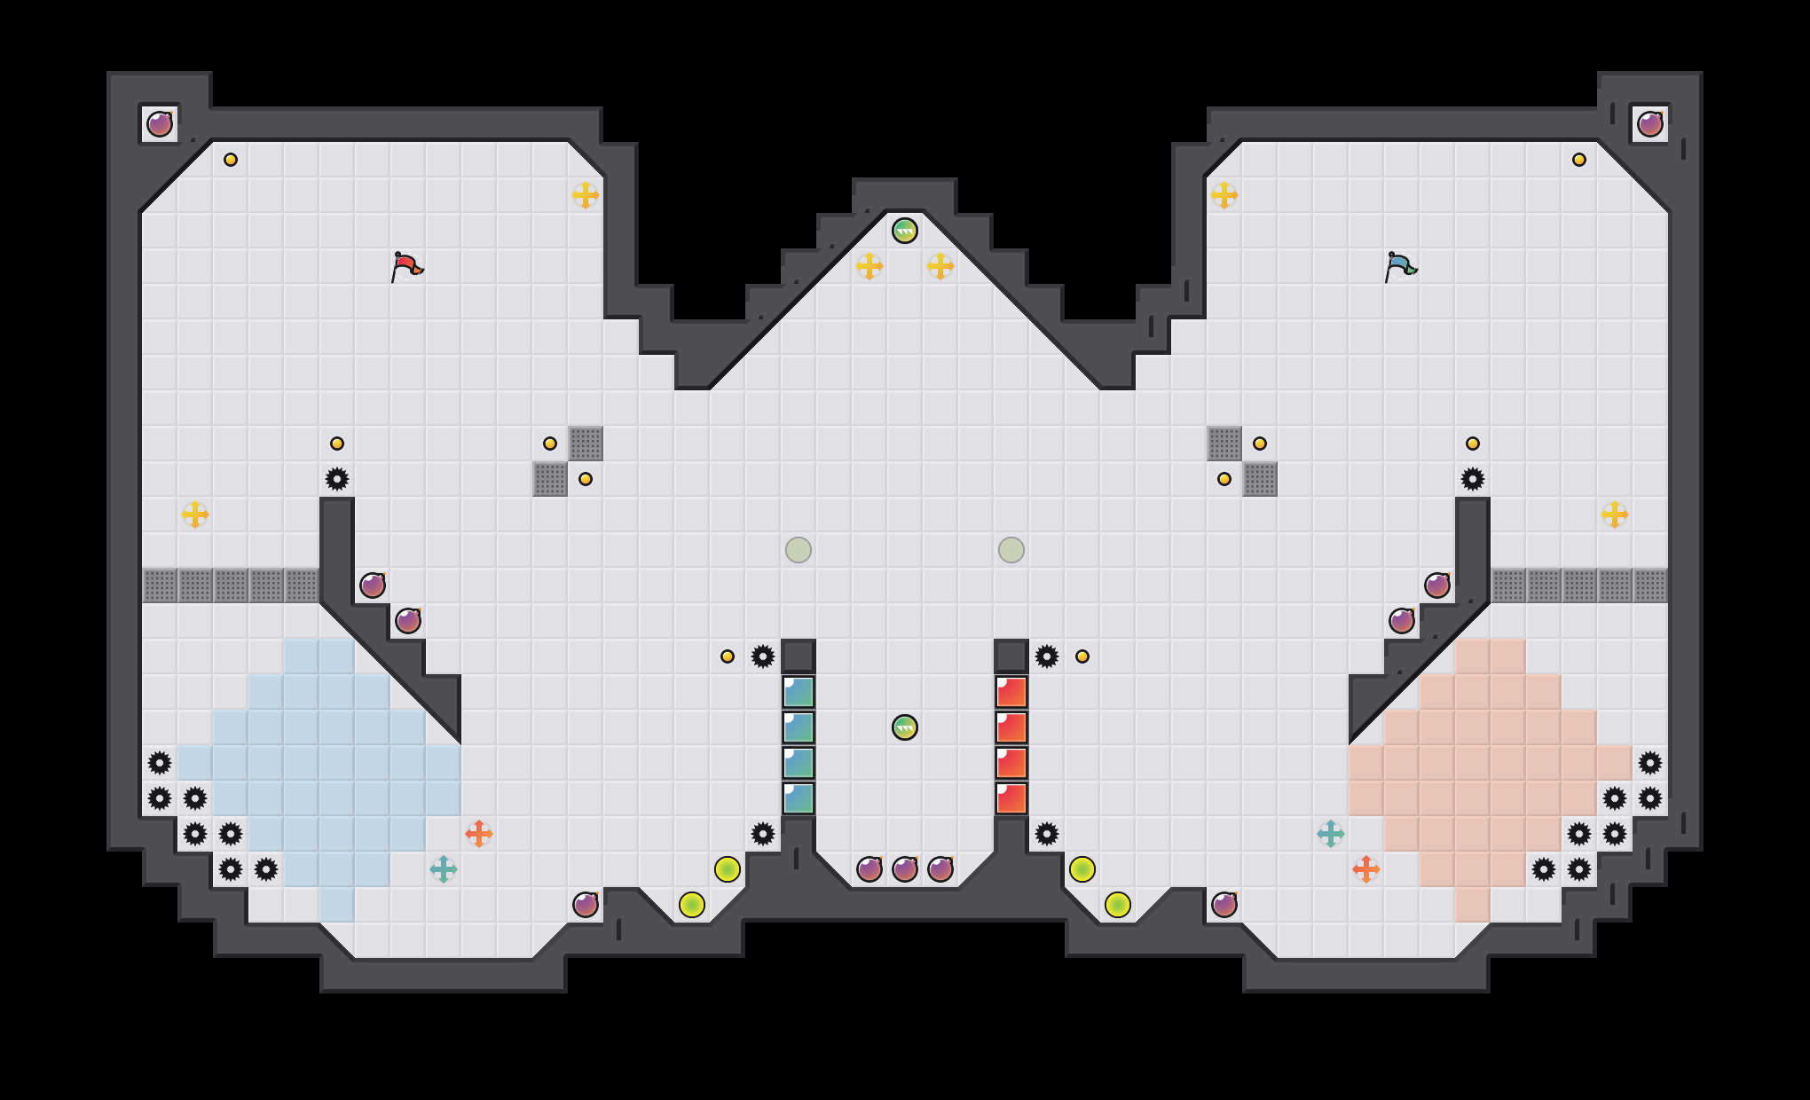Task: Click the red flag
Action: (x=406, y=265)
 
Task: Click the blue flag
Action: (x=1400, y=265)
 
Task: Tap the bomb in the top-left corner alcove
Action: (x=160, y=124)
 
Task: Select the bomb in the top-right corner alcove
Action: (x=1650, y=124)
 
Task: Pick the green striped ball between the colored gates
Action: (x=905, y=727)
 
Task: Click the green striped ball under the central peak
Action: (x=905, y=231)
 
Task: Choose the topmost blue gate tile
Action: (x=799, y=692)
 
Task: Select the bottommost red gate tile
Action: (x=1011, y=798)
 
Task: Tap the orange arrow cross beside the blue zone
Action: (x=479, y=834)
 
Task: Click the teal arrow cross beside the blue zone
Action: (x=444, y=869)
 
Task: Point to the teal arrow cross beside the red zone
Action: (x=1331, y=834)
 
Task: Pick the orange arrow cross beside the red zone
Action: (x=1366, y=869)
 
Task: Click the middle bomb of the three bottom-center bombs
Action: (x=905, y=869)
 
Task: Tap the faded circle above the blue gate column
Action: (x=799, y=550)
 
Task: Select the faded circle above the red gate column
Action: (x=1011, y=550)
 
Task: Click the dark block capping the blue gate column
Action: (x=799, y=656)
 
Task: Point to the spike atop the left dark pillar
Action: (x=337, y=479)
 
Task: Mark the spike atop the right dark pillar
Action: (x=1473, y=479)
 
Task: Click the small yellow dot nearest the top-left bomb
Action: (x=231, y=160)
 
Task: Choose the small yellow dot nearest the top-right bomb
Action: (x=1579, y=160)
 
